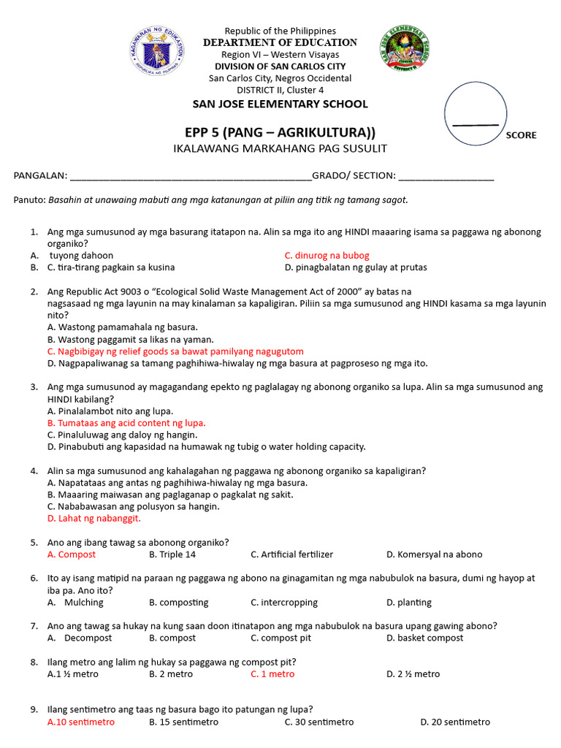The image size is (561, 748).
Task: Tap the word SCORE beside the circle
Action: coord(521,135)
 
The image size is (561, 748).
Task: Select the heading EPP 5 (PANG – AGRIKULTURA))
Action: coord(280,132)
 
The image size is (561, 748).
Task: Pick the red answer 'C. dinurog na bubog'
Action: coord(327,256)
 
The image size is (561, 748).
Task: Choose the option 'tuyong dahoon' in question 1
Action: coord(81,256)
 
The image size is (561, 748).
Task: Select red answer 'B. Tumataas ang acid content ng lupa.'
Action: coord(126,423)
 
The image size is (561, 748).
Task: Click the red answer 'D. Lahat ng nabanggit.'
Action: coord(93,518)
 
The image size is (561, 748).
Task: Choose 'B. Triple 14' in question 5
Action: coord(172,554)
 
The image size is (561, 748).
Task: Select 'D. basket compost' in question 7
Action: coord(424,638)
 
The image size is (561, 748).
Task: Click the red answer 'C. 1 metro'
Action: coord(272,673)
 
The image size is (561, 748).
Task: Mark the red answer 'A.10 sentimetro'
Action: coord(81,722)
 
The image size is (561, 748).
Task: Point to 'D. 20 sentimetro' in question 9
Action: coord(455,722)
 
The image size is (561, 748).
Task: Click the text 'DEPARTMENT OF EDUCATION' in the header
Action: coord(280,42)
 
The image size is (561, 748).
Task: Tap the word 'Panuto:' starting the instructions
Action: coord(30,200)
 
